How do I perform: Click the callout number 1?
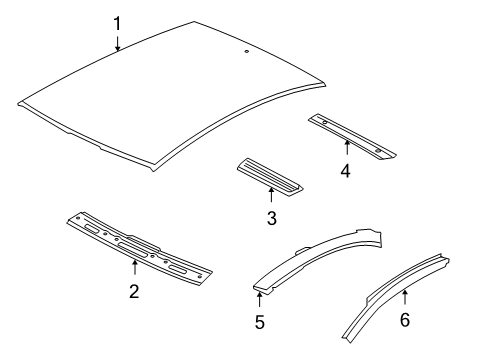(117, 24)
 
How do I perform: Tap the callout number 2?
(134, 291)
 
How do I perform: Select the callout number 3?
(272, 218)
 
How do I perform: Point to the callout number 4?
(346, 171)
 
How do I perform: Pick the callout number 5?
(260, 322)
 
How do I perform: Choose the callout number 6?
(405, 319)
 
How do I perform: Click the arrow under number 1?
(117, 43)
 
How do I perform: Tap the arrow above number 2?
(135, 267)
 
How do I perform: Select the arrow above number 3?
(271, 195)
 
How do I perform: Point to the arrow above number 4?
(347, 148)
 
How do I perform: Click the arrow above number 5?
(259, 299)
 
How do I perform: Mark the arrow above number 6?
(405, 297)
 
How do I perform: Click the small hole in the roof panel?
(247, 51)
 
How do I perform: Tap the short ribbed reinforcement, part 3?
(270, 176)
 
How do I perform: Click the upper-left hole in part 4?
(324, 122)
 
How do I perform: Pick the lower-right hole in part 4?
(378, 151)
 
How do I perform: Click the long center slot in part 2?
(132, 249)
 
